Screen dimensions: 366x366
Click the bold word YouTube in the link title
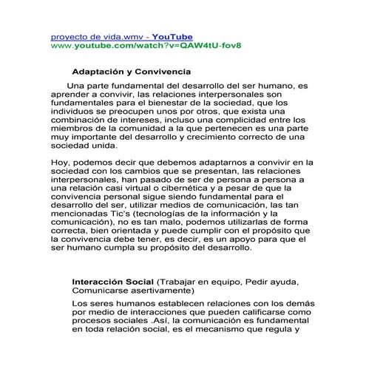172,36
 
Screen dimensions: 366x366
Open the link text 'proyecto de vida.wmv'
96,36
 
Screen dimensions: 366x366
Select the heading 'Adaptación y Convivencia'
131,72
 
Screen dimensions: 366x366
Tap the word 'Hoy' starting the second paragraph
61,162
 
